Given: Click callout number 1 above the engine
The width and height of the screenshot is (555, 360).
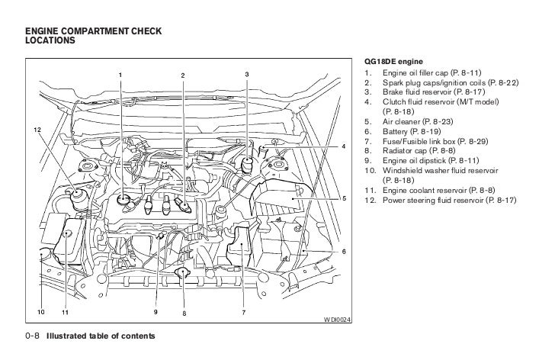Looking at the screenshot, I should coord(119,74).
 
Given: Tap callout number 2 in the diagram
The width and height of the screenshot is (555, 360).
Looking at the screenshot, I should coord(183,74).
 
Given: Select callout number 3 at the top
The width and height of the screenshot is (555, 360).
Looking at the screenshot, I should coord(247,74).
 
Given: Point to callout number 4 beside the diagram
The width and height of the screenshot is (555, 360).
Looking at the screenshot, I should coord(343,145).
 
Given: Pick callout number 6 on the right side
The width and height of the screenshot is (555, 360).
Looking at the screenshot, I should coord(343,251).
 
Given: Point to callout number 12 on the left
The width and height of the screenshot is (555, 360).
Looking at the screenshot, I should coord(36,130).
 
